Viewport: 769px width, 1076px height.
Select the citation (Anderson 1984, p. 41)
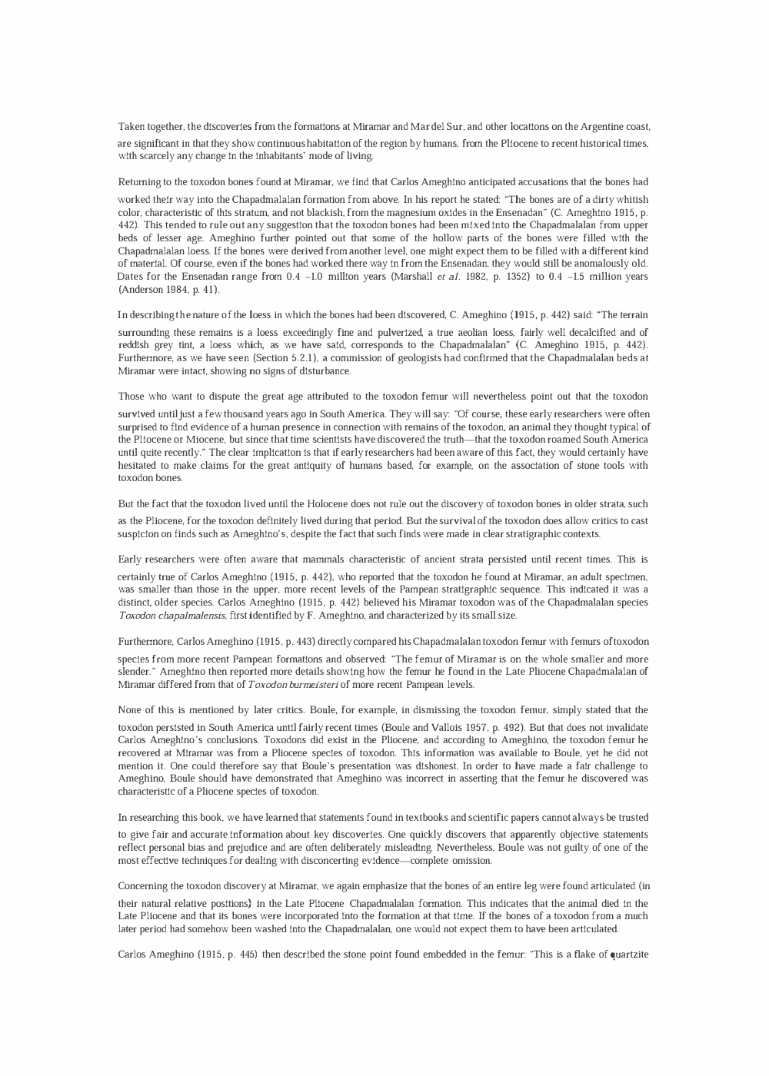click(x=168, y=290)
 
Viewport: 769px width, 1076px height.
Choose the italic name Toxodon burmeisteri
click(x=288, y=685)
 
